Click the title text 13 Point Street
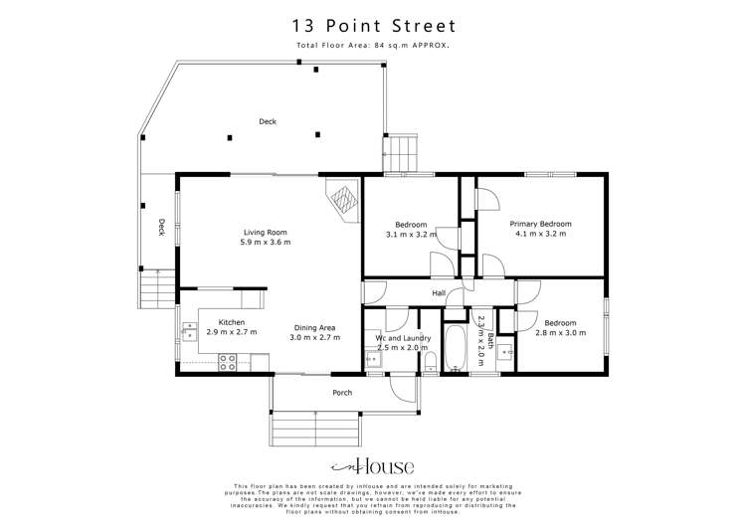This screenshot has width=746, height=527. pos(373,24)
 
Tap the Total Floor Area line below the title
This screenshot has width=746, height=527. pos(373,46)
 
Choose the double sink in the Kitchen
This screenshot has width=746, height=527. pos(187,331)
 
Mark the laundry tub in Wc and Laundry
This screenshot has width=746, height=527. pos(373,359)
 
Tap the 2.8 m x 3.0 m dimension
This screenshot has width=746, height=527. pos(559,333)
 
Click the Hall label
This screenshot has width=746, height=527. pos(438,293)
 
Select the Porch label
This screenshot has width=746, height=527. pos(342,393)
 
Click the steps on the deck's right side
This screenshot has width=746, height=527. pos(404,153)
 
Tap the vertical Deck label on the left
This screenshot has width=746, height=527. pos(161,228)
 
